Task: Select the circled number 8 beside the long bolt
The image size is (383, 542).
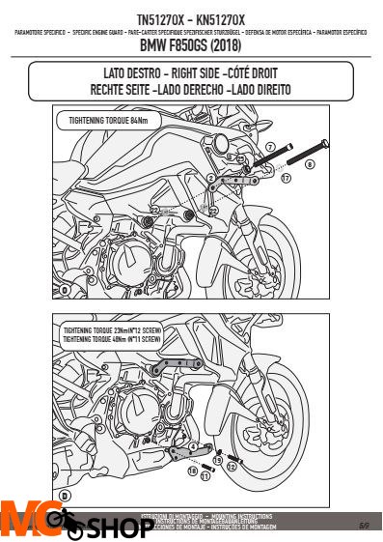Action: [310, 164]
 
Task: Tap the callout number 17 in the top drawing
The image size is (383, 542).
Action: [287, 179]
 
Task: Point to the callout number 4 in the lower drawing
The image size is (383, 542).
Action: [194, 446]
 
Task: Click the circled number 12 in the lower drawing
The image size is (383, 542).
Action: [232, 468]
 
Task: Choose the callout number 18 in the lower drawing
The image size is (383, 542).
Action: [191, 471]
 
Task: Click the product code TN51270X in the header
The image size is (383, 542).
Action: [158, 18]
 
